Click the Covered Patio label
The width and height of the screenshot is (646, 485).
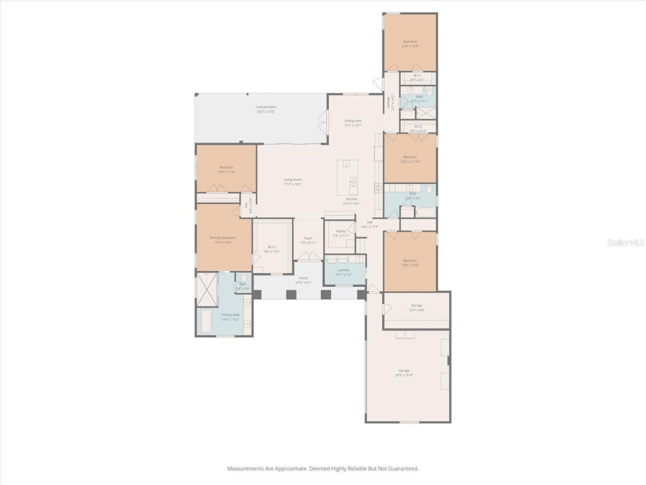(265, 107)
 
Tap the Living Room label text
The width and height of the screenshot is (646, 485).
(293, 179)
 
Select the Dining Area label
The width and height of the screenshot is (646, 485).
(353, 121)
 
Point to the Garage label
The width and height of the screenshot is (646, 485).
(404, 370)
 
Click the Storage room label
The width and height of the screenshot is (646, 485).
(416, 305)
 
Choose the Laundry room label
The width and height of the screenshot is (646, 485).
(343, 270)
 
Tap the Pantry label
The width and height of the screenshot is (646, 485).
(341, 231)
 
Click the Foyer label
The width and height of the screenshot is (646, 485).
(308, 238)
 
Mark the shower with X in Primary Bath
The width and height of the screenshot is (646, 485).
(207, 289)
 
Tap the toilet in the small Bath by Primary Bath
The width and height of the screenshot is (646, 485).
(243, 277)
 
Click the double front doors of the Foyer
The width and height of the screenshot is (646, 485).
(308, 256)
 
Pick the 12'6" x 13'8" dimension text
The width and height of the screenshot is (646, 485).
(410, 46)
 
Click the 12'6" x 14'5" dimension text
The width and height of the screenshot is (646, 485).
(410, 265)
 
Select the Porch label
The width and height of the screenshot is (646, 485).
(304, 278)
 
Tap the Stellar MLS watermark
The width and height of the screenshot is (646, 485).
(626, 243)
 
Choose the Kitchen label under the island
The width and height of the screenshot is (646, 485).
(352, 199)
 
